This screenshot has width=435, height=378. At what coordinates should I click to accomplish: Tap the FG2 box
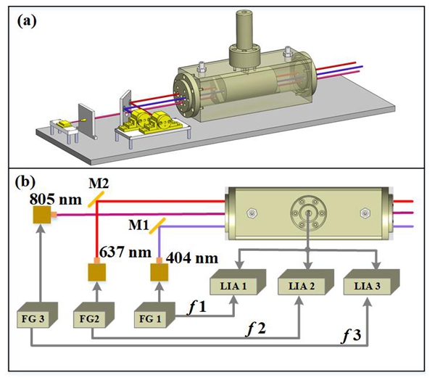pyautogui.click(x=92, y=318)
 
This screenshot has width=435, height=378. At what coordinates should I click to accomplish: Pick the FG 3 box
pyautogui.click(x=33, y=317)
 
